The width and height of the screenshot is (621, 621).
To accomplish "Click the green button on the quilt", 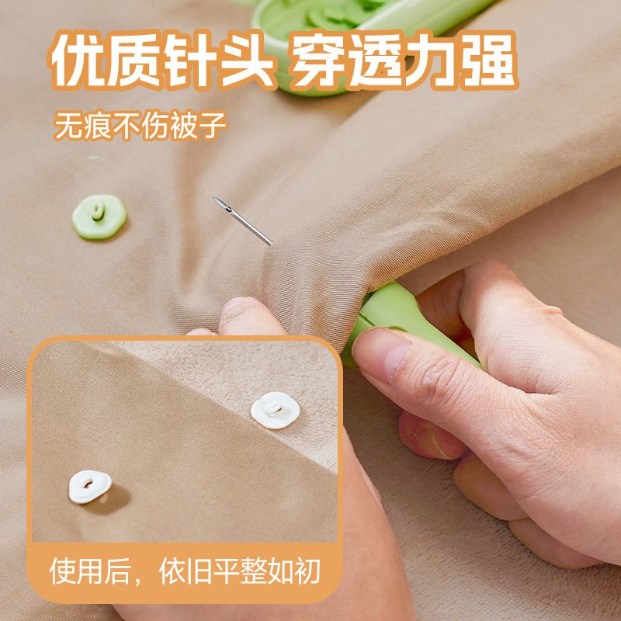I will coord(99,217).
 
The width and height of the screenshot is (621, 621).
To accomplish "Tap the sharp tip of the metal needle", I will coord(216,199).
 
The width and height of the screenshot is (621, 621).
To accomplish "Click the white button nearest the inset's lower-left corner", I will coord(89,487).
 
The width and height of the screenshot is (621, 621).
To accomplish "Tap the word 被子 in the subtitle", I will coord(198,125).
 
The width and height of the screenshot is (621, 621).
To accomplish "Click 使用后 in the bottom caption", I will coord(87,572).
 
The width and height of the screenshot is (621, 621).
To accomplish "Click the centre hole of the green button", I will coord(98,212).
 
